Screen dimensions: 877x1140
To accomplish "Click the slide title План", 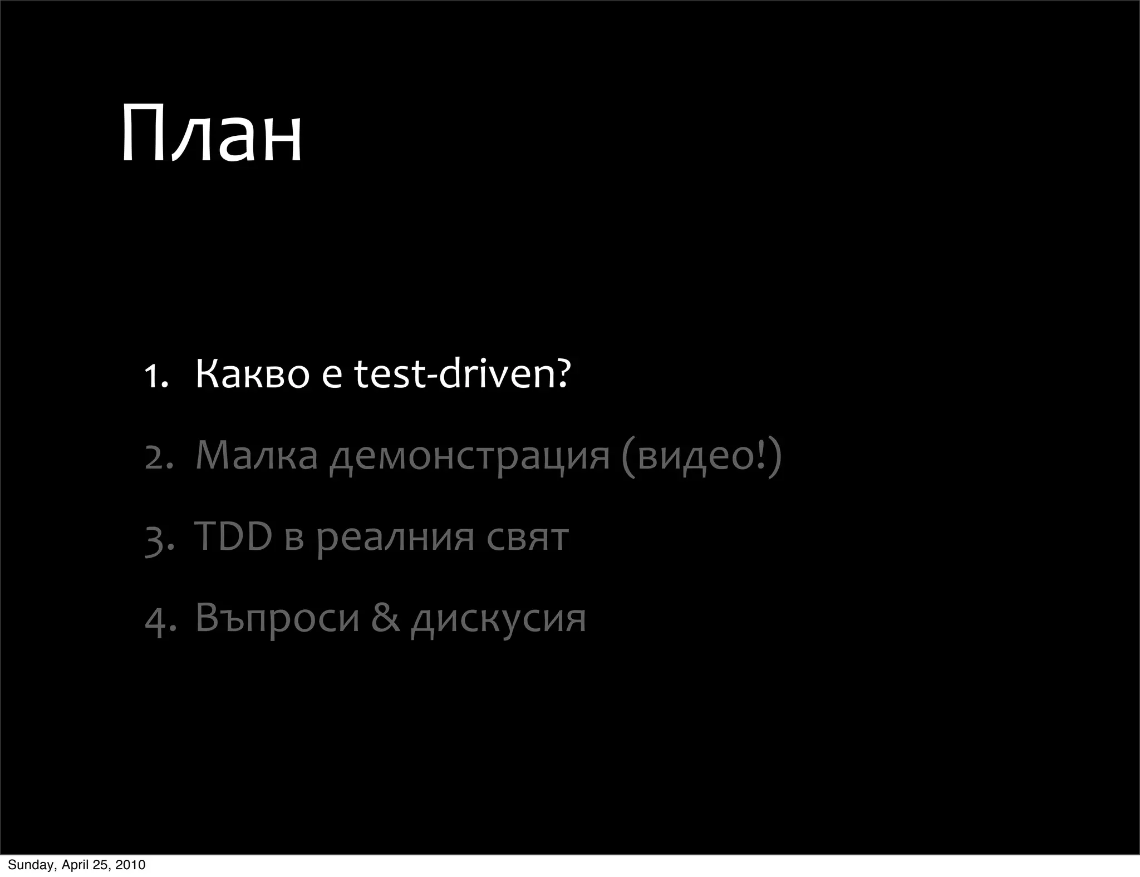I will tap(211, 135).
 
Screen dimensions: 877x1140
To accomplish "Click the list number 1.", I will tap(155, 376).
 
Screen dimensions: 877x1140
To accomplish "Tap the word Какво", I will tap(252, 374).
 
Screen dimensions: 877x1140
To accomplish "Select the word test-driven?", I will tap(463, 374).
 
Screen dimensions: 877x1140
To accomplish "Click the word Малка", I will tap(256, 455).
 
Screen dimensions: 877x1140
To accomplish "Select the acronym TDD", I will tap(233, 536).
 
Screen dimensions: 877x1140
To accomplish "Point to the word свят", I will tap(527, 538).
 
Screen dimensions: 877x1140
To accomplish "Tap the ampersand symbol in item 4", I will tap(385, 618).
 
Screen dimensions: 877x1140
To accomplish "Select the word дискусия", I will tap(498, 620).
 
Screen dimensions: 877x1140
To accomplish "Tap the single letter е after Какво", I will tap(332, 376).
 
